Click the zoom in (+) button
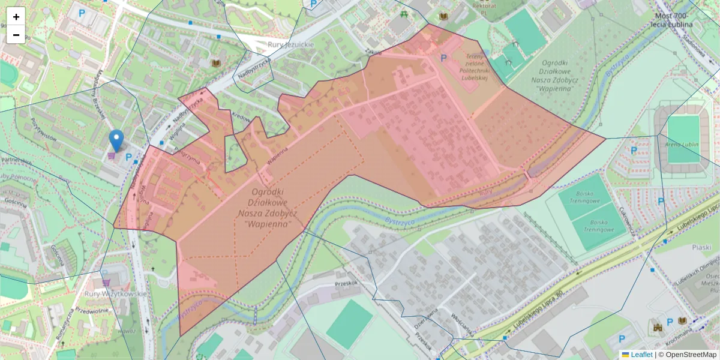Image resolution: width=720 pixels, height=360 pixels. tap(16, 17)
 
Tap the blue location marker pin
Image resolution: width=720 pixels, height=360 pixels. tap(116, 140)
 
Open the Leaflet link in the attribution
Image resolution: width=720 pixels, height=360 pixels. tap(641, 355)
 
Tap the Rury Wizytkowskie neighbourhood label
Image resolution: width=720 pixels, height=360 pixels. tap(116, 294)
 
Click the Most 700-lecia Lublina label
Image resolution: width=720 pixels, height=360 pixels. tap(671, 20)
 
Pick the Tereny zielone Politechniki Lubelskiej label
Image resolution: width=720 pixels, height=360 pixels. tap(475, 66)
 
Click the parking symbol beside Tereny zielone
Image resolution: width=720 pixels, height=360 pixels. tap(444, 58)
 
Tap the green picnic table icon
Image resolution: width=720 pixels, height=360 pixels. tap(405, 14)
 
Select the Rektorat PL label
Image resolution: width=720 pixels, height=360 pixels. tap(484, 5)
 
